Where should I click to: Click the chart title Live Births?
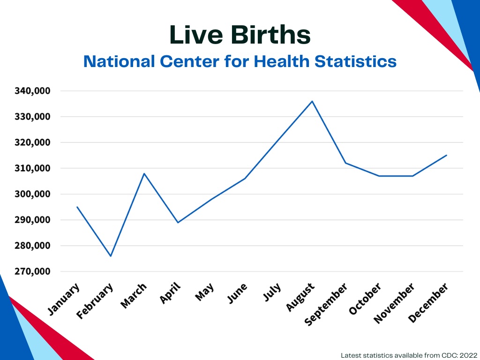240,35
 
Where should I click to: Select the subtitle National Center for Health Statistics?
240,61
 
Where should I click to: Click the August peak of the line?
312,101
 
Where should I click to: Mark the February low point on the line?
111,256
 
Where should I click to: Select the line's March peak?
144,173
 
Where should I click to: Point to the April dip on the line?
178,222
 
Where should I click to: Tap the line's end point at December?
446,155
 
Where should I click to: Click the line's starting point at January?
77,207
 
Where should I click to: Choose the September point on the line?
345,163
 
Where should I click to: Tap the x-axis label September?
326,305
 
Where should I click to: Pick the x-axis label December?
428,303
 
